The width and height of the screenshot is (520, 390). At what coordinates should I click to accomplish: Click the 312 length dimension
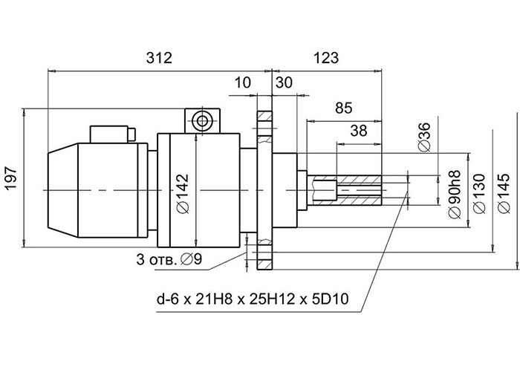click(x=159, y=58)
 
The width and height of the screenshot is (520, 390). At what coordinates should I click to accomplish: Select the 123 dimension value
click(x=326, y=58)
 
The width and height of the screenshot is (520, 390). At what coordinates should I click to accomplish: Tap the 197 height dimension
click(x=12, y=178)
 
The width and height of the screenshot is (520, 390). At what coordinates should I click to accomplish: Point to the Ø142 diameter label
click(x=183, y=193)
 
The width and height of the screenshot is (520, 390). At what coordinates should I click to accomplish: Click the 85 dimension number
click(x=343, y=108)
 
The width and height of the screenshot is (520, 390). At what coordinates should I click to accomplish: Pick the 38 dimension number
click(x=359, y=131)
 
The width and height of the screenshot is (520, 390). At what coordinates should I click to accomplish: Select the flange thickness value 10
click(x=243, y=82)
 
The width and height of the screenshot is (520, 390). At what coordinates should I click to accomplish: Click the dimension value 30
click(x=285, y=82)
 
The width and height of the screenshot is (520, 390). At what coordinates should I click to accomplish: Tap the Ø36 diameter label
click(x=424, y=137)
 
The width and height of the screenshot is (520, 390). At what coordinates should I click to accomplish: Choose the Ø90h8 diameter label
click(x=455, y=195)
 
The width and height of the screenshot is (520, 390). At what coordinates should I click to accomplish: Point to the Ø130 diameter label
click(x=480, y=193)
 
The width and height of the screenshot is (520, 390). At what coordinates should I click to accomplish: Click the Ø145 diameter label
click(x=504, y=193)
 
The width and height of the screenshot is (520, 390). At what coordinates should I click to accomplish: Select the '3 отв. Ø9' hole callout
click(x=169, y=259)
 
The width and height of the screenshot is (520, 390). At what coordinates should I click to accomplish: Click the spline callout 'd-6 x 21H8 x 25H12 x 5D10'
click(x=253, y=299)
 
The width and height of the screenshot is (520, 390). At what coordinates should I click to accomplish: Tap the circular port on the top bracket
click(x=201, y=121)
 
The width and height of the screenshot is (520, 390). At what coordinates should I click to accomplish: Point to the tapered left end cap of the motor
click(x=63, y=190)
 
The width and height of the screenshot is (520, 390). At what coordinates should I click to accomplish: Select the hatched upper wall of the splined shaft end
click(x=359, y=180)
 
